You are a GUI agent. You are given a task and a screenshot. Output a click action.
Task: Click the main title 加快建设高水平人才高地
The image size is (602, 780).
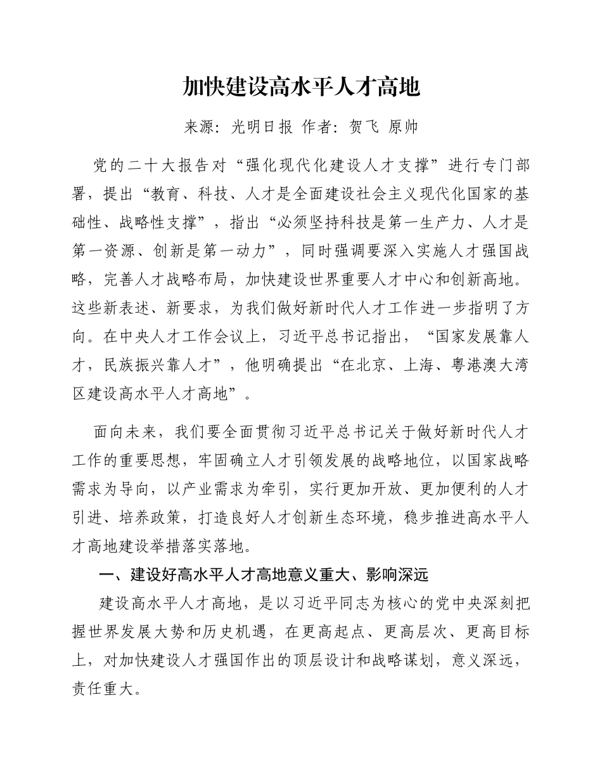tap(301, 87)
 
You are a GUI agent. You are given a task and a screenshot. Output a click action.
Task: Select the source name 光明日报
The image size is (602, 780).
tap(262, 127)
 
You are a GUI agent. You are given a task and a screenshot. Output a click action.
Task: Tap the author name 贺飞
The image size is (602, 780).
tap(364, 127)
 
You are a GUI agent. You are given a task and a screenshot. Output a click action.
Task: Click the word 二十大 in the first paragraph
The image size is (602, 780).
tap(153, 167)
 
